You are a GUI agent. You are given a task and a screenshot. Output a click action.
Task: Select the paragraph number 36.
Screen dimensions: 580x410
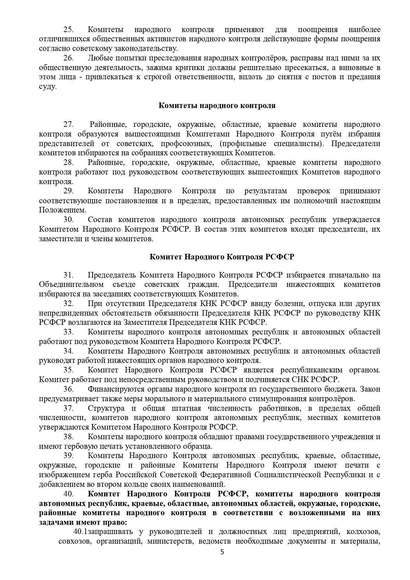pyautogui.click(x=68, y=389)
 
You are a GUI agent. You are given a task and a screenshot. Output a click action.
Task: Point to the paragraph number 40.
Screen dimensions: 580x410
pyautogui.click(x=68, y=494)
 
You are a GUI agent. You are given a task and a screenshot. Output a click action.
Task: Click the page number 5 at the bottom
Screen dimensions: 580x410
pyautogui.click(x=222, y=561)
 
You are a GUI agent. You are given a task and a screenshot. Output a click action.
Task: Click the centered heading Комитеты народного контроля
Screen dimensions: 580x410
pyautogui.click(x=217, y=106)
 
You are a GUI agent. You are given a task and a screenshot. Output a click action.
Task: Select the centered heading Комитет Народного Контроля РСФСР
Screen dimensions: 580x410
pyautogui.click(x=222, y=257)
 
